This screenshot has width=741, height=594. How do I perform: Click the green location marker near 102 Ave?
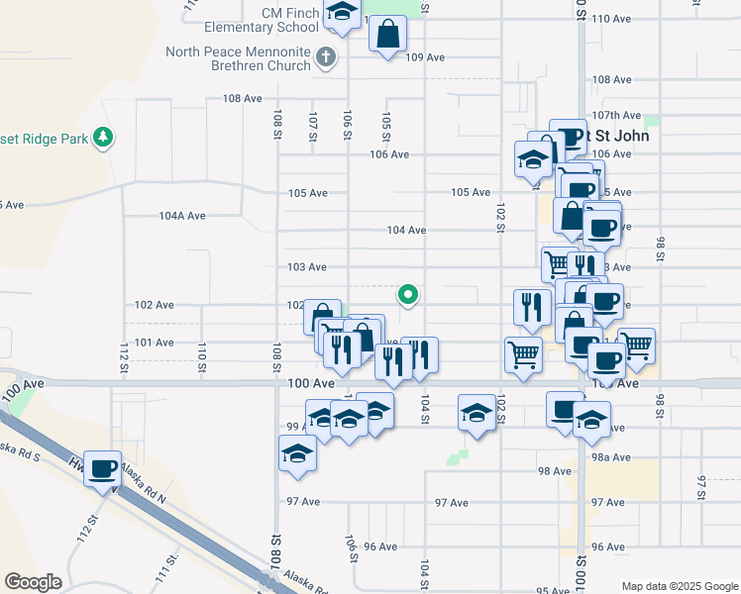coord(407,294)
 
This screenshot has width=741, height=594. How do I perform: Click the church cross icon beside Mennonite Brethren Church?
coord(325,56)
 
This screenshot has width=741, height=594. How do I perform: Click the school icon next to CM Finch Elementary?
coord(342,13)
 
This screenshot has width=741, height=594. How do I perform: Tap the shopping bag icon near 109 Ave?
coord(387,34)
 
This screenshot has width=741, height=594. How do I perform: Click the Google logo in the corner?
coord(33,582)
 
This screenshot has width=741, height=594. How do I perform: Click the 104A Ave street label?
coord(182,215)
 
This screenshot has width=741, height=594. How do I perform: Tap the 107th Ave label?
coord(616,116)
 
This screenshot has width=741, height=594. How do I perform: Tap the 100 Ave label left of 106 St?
coord(310,382)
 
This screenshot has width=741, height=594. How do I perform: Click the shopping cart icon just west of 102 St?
coord(523,353)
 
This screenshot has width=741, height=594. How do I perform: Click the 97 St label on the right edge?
coord(701,486)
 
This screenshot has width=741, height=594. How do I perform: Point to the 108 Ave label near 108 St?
coord(242,98)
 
